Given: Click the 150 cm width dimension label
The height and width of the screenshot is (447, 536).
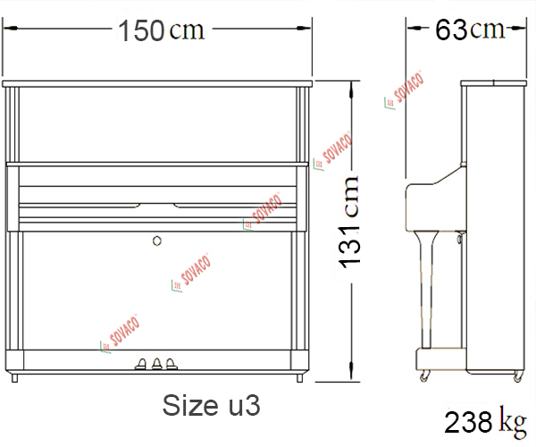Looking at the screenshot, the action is [161, 30].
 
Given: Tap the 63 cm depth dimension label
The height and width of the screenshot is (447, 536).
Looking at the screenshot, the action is [470, 30].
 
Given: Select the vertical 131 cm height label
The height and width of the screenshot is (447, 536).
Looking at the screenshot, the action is [348, 222].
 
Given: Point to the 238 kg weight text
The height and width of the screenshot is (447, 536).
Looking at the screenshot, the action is [485, 422].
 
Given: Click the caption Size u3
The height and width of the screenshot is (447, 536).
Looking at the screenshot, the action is [211, 405].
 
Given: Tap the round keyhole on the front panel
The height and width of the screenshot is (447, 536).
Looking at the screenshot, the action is [157, 240].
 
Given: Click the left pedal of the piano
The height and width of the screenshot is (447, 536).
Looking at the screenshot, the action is [141, 364].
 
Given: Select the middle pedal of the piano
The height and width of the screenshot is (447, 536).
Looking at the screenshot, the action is [157, 364].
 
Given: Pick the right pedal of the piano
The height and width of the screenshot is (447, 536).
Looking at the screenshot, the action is [172, 364].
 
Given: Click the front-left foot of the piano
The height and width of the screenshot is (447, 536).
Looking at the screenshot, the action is [14, 378].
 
